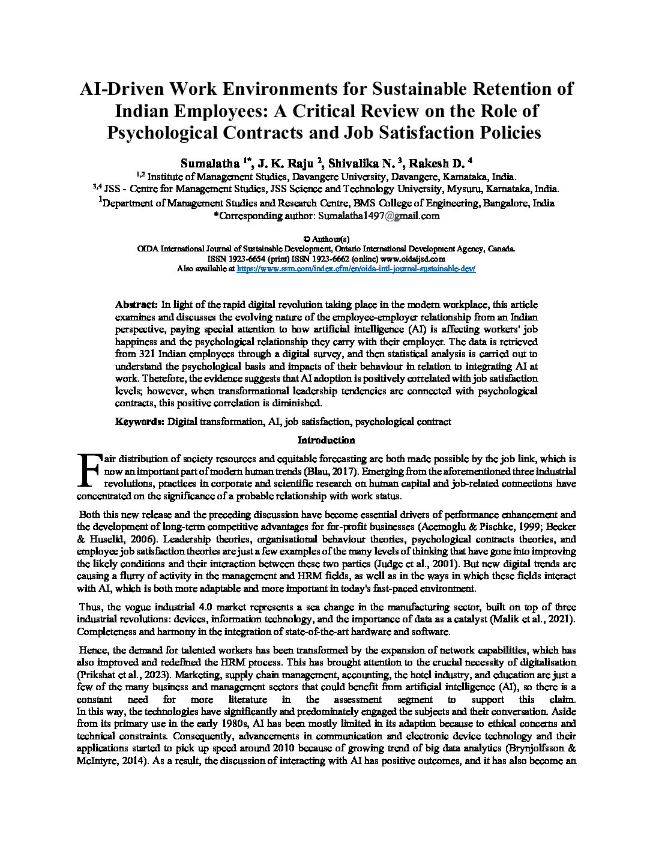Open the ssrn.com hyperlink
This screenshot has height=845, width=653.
[x=357, y=269]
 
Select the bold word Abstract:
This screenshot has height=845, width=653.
[x=137, y=305]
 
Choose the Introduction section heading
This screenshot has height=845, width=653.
[x=326, y=440]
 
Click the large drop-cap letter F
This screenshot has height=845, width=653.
[x=89, y=469]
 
